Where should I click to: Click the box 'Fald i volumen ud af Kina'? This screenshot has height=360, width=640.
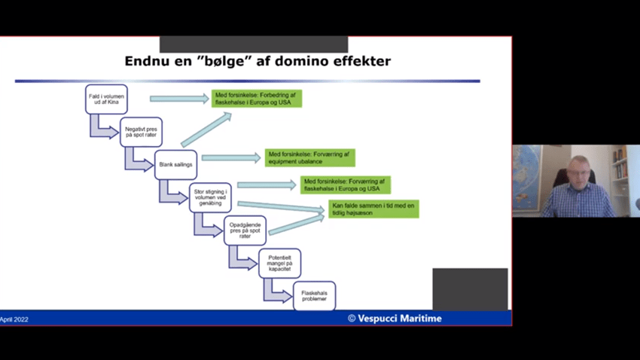[106, 99]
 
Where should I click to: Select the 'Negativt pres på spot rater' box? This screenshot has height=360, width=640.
[141, 133]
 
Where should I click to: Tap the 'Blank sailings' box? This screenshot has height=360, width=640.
[175, 164]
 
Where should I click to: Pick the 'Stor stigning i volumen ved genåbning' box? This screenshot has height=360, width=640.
[210, 197]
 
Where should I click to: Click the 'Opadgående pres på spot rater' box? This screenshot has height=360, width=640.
[245, 230]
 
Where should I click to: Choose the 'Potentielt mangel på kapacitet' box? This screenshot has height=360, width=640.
[279, 263]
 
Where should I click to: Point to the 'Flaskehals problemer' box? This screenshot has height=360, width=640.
[314, 296]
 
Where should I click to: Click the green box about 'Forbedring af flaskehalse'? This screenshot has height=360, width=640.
[257, 99]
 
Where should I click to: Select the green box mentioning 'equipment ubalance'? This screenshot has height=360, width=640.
[309, 157]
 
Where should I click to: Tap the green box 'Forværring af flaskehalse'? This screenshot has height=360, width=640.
[346, 185]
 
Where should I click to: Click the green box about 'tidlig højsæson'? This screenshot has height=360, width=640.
[373, 209]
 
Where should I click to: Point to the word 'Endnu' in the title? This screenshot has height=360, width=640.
[147, 61]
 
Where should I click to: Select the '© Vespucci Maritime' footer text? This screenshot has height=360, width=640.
[395, 319]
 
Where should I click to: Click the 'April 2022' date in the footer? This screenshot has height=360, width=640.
[14, 319]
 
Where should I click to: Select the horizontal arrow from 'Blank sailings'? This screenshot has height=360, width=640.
[230, 158]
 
